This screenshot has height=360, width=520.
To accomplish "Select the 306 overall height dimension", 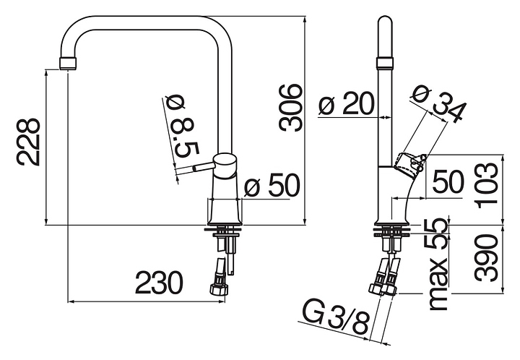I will click(291, 107).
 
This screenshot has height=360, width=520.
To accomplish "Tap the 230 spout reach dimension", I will click(160, 283).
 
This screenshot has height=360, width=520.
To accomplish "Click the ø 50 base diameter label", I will click(272, 187).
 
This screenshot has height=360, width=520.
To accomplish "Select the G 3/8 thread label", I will click(336, 319).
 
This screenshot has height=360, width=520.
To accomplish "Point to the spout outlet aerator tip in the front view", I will click(66, 63).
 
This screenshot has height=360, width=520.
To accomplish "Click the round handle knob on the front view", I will click(225, 164).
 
